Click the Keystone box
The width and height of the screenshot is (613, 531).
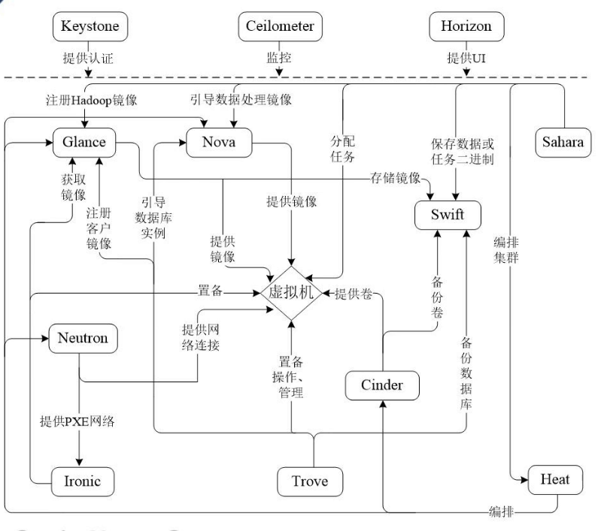point(90,26)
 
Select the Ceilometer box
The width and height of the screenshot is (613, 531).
point(281,26)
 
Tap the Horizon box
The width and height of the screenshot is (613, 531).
point(466,26)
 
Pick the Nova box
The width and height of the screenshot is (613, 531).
point(219,142)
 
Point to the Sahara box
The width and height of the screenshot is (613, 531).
point(563,142)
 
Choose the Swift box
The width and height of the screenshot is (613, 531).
point(448,216)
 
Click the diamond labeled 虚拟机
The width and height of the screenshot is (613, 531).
point(290,293)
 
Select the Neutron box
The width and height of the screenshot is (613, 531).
point(83,338)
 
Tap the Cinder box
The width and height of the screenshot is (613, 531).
point(382,385)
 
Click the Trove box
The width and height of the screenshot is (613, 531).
point(310,481)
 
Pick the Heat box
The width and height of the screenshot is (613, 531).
point(555,478)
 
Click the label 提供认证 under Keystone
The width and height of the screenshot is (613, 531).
point(88,58)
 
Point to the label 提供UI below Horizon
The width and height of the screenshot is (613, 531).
point(466,58)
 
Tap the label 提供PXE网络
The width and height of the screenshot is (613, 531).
point(77,421)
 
